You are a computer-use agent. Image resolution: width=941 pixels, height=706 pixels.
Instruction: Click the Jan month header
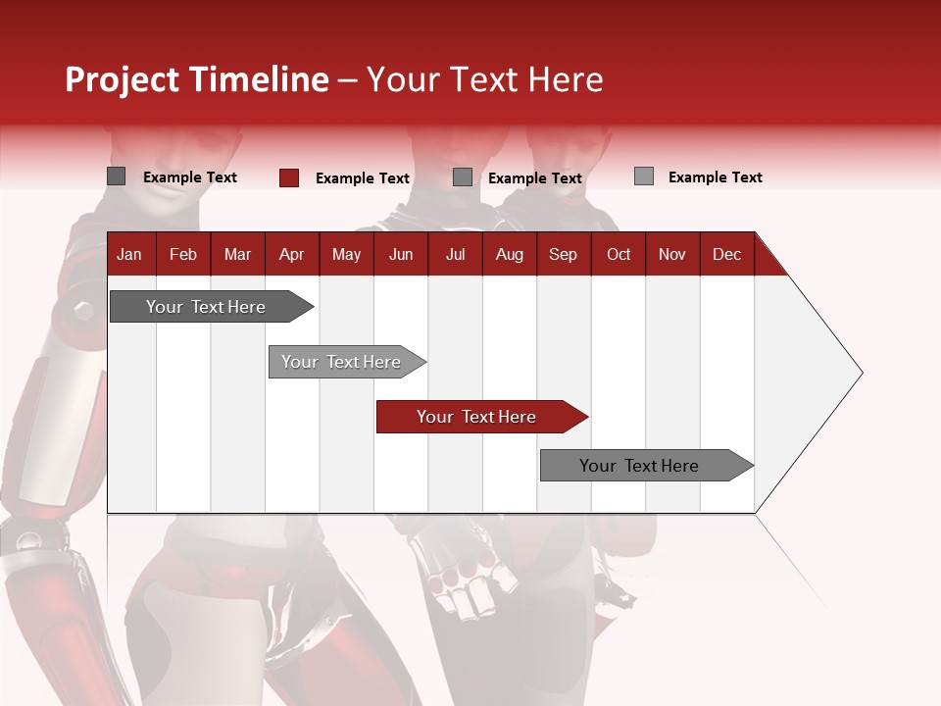pos(129,254)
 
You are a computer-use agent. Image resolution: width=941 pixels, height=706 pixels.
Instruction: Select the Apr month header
pos(291,254)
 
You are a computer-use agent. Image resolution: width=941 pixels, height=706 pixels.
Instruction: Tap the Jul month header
pos(455,254)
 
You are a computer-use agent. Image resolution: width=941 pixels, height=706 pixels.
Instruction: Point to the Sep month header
pos(563,254)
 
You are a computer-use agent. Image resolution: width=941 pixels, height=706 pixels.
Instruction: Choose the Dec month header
pos(726,254)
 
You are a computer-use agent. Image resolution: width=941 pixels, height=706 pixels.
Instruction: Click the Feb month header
pos(183,254)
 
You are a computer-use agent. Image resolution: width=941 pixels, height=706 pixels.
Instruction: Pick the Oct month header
pos(619,254)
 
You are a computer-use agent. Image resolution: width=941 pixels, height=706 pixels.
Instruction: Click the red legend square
pos(288,177)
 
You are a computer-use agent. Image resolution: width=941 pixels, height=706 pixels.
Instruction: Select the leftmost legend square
pos(116,176)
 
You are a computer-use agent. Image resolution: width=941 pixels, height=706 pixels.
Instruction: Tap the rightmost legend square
pos(643,176)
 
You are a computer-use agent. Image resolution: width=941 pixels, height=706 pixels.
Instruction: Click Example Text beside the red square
pos(362,178)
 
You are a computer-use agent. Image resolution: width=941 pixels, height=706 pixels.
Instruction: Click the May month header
pos(346,254)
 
